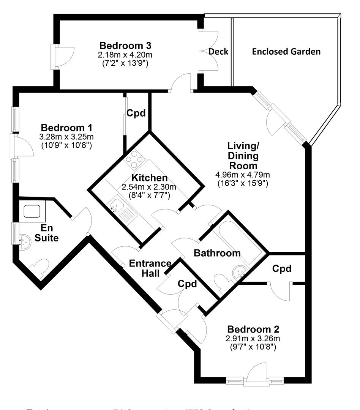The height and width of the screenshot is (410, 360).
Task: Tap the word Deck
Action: pyautogui.click(x=218, y=52)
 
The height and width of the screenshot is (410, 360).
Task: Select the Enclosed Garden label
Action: pyautogui.click(x=286, y=52)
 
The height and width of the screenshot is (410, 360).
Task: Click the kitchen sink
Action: pyautogui.click(x=115, y=205)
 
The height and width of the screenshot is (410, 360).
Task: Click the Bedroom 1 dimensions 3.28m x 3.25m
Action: pyautogui.click(x=66, y=136)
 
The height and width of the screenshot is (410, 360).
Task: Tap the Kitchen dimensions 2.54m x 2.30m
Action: pyautogui.click(x=149, y=187)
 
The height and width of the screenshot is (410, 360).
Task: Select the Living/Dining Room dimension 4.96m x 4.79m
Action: pyautogui.click(x=242, y=175)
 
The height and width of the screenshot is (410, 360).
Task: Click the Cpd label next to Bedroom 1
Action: pyautogui.click(x=136, y=113)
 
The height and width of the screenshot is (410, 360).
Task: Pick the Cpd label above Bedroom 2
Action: pyautogui.click(x=282, y=269)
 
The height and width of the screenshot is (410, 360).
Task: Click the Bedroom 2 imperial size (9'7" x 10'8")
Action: pyautogui.click(x=253, y=346)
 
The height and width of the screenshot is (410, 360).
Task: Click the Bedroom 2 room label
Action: pyautogui.click(x=253, y=329)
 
